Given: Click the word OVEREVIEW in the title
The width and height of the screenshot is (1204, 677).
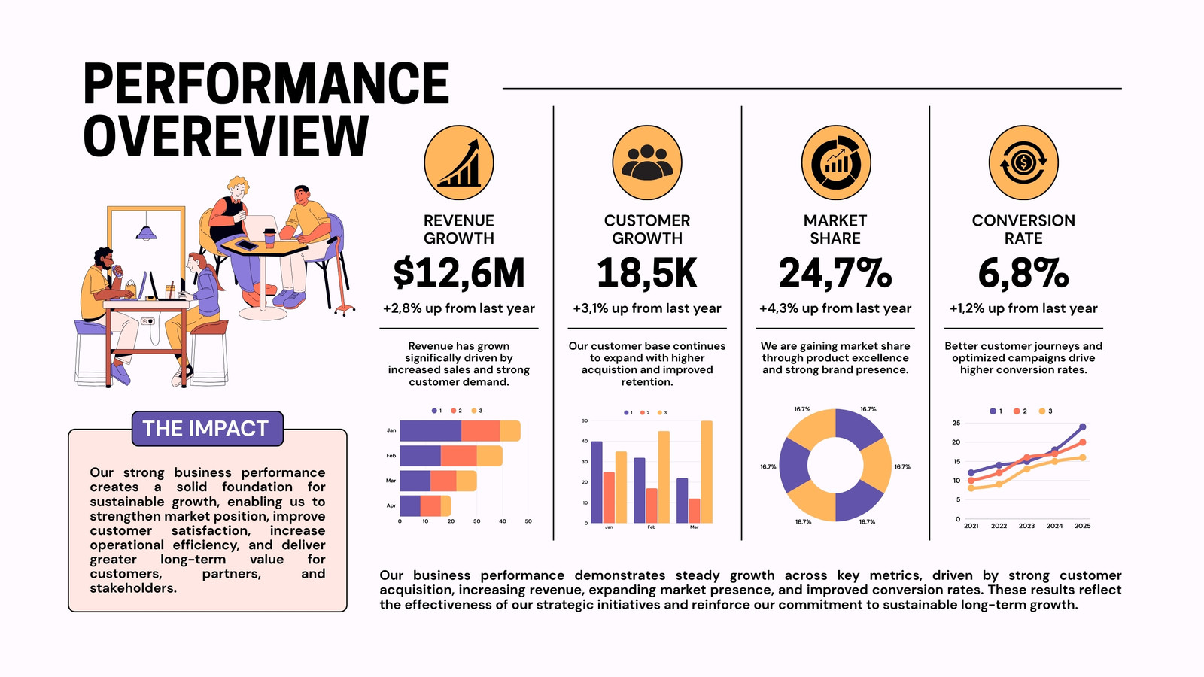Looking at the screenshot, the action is click(x=226, y=136).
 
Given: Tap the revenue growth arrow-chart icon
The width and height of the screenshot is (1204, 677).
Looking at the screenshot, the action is click(x=458, y=162).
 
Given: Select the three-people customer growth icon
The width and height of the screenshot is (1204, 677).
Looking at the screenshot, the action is click(x=647, y=162).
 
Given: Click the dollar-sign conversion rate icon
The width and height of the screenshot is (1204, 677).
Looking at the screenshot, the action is click(x=1023, y=162).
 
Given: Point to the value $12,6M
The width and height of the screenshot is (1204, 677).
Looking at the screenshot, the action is click(x=458, y=274).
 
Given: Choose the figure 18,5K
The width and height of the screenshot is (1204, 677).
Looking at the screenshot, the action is click(x=646, y=274).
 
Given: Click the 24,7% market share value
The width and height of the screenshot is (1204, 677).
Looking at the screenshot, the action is click(x=835, y=274).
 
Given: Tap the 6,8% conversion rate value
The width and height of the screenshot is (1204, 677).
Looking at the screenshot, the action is click(x=1023, y=274).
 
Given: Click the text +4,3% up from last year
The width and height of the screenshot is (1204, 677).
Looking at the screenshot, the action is click(x=835, y=308).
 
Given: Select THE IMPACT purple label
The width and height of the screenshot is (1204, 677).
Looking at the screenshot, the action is click(x=208, y=429).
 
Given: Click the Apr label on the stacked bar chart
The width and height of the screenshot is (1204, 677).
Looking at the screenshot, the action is click(x=391, y=505).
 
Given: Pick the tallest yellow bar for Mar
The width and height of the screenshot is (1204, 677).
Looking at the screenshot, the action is click(x=707, y=472).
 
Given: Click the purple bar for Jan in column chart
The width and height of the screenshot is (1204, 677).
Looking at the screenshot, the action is click(x=597, y=482).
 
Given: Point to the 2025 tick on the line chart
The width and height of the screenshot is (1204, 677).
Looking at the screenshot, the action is click(x=1083, y=526).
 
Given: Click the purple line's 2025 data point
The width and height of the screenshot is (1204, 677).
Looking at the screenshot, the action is click(x=1083, y=427).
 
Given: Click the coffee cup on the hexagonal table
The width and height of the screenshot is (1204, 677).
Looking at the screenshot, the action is click(x=269, y=238).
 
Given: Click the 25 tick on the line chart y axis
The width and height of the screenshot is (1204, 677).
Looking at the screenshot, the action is click(x=956, y=424).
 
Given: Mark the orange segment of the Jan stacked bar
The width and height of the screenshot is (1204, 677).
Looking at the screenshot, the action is click(x=481, y=431).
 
